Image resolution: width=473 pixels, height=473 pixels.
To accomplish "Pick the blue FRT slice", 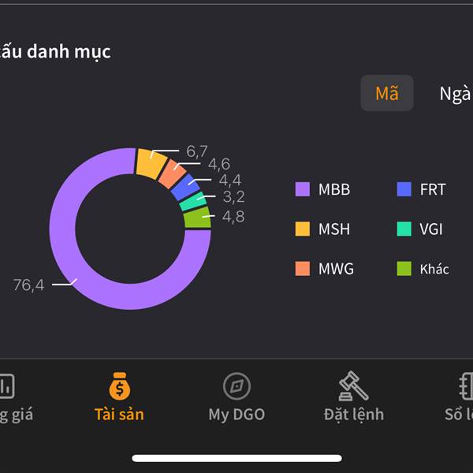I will [186, 188].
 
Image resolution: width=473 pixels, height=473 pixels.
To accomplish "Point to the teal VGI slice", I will [194, 202].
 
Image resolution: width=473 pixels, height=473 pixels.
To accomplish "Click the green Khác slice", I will [198, 218].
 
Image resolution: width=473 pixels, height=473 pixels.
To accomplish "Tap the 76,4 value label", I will [28, 285].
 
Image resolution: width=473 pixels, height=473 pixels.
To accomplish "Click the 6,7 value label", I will [197, 151].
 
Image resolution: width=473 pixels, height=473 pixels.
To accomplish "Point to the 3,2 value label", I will [233, 197].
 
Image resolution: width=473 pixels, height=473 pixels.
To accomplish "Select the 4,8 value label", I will [233, 216].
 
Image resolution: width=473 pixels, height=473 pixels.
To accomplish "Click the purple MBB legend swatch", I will [303, 189].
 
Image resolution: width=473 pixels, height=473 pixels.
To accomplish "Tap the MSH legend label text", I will [334, 229].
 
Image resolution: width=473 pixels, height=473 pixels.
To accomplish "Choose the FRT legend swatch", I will [404, 189].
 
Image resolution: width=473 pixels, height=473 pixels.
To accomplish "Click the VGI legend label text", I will [431, 229].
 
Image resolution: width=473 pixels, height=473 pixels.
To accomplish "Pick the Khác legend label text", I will [434, 269].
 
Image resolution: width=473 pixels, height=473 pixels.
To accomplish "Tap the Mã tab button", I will [387, 93].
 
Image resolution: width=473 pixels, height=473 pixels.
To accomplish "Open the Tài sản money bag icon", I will [119, 386].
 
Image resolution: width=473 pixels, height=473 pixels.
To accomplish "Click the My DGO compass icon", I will [236, 386].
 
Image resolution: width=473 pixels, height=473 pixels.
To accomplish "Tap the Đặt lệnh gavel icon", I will [353, 386].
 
